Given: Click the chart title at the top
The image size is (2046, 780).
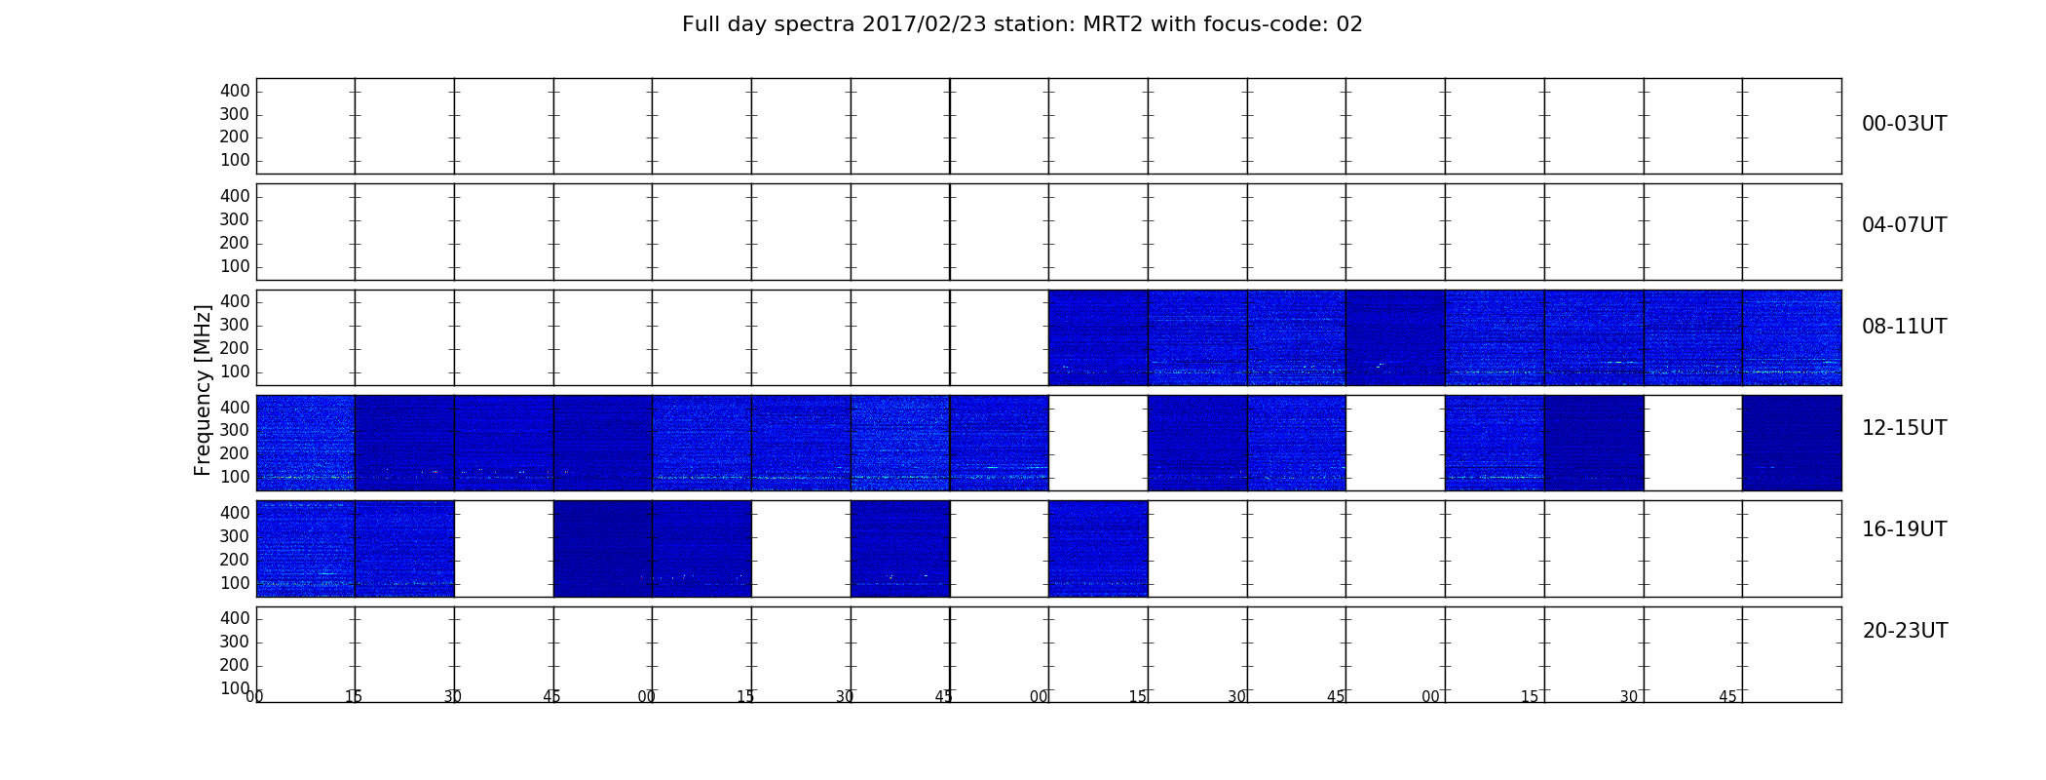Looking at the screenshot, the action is tap(1022, 24).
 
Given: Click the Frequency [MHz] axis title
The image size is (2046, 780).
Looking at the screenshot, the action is tap(203, 390).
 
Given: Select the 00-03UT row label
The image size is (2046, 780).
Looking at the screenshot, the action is tap(1905, 124).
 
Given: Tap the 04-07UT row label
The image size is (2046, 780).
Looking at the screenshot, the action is tap(1905, 225).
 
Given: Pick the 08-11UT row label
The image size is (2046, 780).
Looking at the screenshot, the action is tap(1905, 327).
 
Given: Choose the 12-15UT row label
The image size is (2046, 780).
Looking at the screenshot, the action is tap(1905, 428).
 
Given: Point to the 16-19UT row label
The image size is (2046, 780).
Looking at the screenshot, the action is tap(1905, 529).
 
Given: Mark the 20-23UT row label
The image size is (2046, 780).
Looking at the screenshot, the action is tap(1905, 631).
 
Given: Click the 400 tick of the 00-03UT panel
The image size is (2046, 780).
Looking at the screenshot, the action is tap(235, 91).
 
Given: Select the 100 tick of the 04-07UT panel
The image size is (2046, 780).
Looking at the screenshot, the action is tap(235, 266).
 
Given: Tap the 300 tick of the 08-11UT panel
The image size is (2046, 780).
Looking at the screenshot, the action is tap(235, 325).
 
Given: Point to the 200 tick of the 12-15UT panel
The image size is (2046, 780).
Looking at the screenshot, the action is tap(235, 453).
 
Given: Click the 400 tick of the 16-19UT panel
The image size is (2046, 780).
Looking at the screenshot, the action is tap(235, 513).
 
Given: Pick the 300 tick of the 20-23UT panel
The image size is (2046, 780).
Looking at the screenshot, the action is tap(235, 642).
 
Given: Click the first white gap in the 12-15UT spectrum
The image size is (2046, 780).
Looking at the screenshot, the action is tap(1098, 443).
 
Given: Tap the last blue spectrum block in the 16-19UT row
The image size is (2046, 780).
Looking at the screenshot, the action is tap(1098, 549).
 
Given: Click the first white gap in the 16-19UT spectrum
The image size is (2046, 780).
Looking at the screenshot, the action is tap(504, 549).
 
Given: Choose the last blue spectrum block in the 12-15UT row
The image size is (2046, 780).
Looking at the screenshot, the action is tap(1792, 443).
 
